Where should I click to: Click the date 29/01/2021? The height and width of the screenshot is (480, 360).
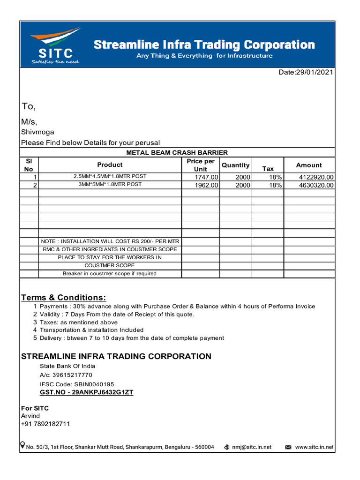click(x=314, y=73)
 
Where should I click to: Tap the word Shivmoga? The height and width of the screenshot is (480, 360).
click(x=37, y=132)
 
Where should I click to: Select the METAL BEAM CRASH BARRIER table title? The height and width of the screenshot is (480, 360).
click(x=177, y=152)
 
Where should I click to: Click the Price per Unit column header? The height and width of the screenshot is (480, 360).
click(x=200, y=165)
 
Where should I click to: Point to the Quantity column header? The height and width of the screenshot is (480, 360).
click(x=235, y=165)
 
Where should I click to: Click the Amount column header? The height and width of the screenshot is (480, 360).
click(x=309, y=165)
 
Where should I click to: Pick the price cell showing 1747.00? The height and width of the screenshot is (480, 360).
click(x=206, y=177)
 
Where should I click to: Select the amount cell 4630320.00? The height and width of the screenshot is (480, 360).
click(x=316, y=185)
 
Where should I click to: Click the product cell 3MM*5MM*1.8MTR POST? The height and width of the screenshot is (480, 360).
click(x=110, y=185)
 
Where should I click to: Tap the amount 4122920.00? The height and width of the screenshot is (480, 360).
click(x=316, y=177)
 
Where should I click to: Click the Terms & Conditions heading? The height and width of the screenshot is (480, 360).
click(x=64, y=298)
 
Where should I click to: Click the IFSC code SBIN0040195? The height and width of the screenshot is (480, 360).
click(x=94, y=384)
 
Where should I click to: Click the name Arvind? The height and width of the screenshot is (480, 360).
click(x=30, y=416)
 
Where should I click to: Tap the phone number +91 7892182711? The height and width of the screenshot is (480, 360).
click(x=45, y=424)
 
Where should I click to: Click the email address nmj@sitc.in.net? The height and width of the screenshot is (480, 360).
click(x=252, y=447)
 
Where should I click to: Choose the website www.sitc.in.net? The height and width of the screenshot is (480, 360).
click(x=314, y=447)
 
